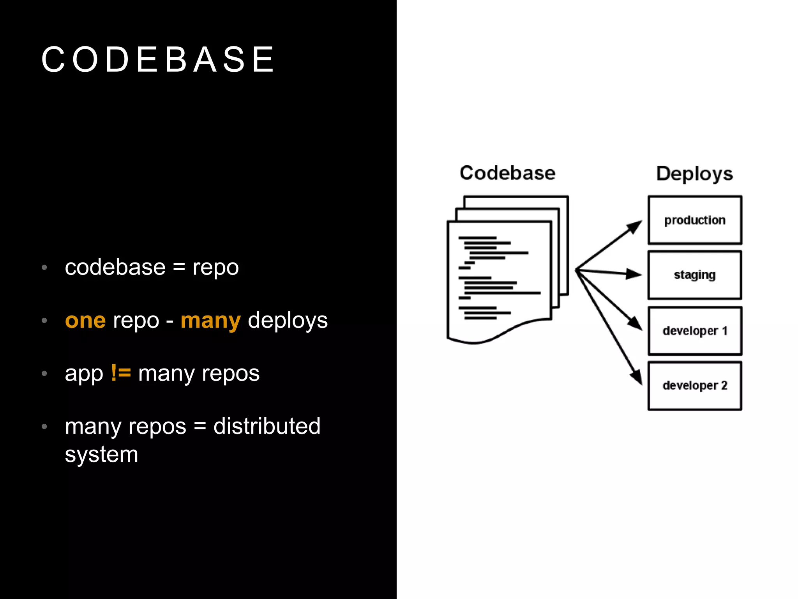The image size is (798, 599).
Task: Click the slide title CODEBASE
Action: [x=158, y=59]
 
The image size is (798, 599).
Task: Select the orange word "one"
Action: [x=85, y=321]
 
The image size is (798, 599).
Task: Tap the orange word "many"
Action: [x=210, y=321]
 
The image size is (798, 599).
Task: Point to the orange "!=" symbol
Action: [x=121, y=373]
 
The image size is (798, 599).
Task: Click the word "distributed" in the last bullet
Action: [x=267, y=426]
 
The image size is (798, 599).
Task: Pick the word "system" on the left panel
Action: [x=101, y=455]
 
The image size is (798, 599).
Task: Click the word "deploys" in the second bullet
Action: [x=288, y=321]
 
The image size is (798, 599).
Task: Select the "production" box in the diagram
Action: [x=695, y=220]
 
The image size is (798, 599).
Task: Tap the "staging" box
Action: [x=695, y=275]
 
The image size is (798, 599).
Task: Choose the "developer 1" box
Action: [x=695, y=331]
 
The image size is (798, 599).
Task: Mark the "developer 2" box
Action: [x=695, y=386]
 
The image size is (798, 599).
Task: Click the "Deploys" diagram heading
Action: [x=694, y=174]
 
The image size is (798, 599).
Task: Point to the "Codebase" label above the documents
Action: [x=507, y=173]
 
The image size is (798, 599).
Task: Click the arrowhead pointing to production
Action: [x=635, y=226]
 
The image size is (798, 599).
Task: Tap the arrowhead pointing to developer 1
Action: [x=636, y=324]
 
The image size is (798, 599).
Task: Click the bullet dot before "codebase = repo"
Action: [x=44, y=268]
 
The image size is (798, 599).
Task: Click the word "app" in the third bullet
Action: [x=84, y=374]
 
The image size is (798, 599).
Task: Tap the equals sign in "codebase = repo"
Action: [x=179, y=268]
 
